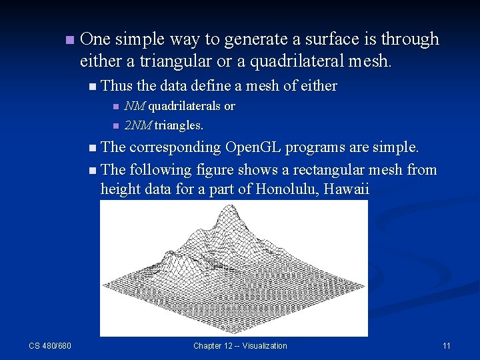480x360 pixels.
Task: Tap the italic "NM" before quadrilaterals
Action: point(135,107)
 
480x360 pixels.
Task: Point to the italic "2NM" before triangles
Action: point(138,125)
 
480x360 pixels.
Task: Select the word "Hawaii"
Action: point(345,189)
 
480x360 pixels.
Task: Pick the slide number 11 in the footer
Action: point(447,345)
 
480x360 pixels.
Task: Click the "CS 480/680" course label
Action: point(50,345)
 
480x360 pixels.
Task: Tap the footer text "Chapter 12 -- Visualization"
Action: point(240,345)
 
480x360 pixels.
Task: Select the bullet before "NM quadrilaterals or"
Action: point(115,107)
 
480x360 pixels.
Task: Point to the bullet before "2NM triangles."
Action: point(115,126)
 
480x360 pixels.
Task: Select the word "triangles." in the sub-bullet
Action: point(179,125)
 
